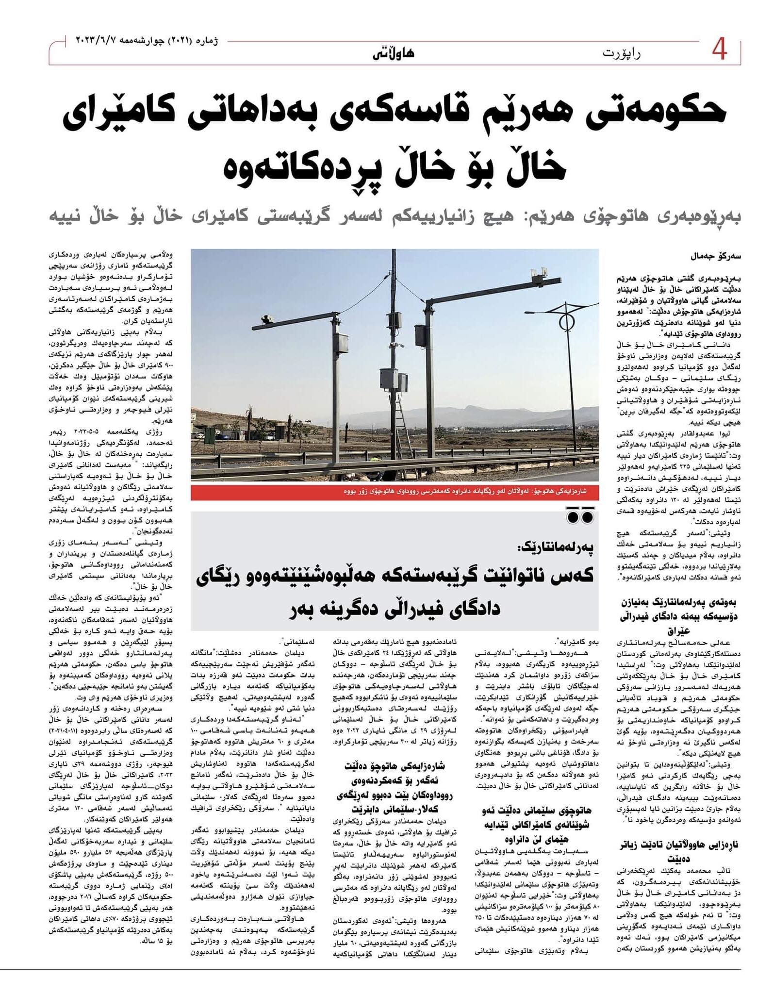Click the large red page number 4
(x=719, y=50)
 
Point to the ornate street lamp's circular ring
(x=566, y=322)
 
